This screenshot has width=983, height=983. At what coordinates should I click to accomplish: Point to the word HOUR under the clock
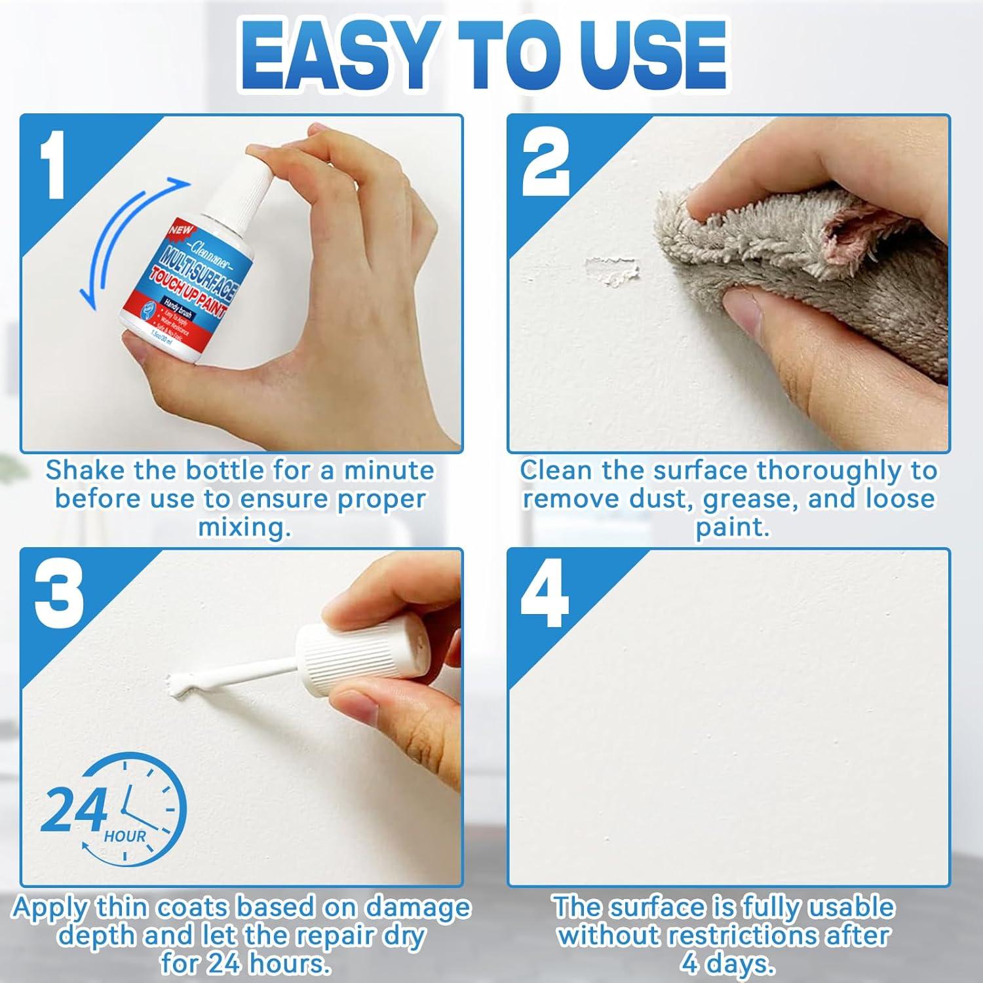pyautogui.click(x=125, y=836)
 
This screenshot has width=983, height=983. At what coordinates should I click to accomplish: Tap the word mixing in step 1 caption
pyautogui.click(x=244, y=528)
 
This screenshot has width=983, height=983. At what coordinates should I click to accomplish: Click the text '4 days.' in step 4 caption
pyautogui.click(x=727, y=963)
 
